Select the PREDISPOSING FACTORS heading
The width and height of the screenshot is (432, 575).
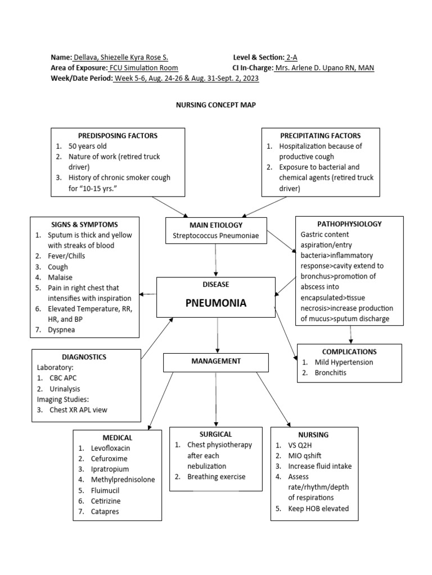pos(118,135)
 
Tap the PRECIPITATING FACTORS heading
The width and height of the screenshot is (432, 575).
pos(321,135)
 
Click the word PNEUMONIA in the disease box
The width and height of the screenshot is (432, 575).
pos(216,303)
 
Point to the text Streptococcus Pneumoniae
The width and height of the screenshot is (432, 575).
pos(216,236)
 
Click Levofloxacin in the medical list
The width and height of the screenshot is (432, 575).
pos(111,448)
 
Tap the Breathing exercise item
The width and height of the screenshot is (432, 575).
pos(217,477)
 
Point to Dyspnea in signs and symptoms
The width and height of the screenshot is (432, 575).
pos(61,330)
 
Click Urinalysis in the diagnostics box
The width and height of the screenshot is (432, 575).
pos(65,389)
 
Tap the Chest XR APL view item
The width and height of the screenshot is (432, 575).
pos(78,410)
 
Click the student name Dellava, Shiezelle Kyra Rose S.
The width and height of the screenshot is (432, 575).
pos(120,57)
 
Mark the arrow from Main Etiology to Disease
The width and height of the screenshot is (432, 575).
pos(216,261)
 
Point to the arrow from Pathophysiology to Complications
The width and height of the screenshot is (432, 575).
pos(351,334)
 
